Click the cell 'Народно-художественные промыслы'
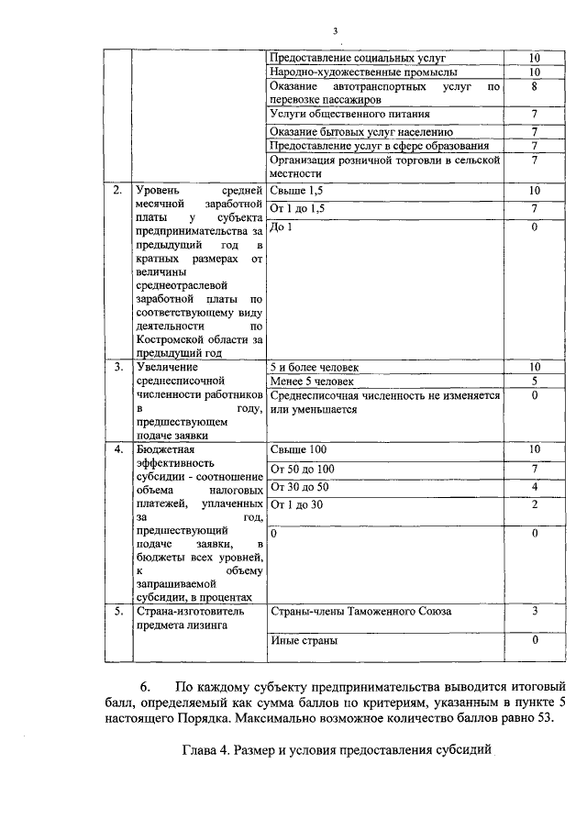point(363,72)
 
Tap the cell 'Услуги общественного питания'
point(350,115)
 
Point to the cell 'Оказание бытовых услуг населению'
point(361,132)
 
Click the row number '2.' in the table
point(117,191)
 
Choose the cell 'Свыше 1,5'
point(297,191)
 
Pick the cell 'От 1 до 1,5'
point(299,209)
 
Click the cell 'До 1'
point(282,227)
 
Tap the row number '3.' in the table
point(117,367)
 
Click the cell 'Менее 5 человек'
point(311,382)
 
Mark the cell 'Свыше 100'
point(299,449)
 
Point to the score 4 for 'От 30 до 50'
point(534,486)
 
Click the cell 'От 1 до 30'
point(299,504)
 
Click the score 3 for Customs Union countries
point(534,611)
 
